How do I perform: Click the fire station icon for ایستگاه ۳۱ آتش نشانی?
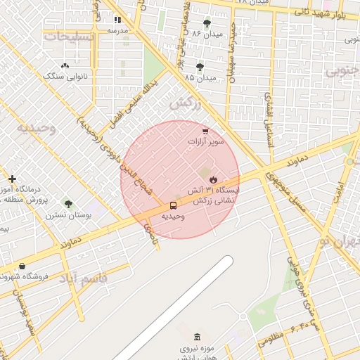[213, 179]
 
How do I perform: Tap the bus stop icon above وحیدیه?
[173, 205]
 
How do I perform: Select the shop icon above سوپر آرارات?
[205, 131]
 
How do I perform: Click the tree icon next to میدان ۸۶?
[206, 24]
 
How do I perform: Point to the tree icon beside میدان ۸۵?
[200, 67]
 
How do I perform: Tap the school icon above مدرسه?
[117, 20]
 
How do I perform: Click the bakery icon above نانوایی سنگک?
[65, 65]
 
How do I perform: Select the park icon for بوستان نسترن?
[68, 203]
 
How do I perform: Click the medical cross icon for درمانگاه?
[12, 179]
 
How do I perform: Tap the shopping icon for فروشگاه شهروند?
[22, 266]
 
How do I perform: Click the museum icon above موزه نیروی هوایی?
[196, 337]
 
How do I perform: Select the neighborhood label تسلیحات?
[67, 35]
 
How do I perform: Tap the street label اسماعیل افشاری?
[269, 120]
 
